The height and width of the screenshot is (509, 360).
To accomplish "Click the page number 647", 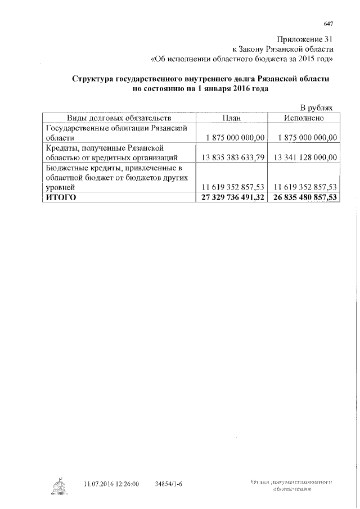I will click(329, 24).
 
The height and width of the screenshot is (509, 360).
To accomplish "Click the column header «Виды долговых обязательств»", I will click(119, 118).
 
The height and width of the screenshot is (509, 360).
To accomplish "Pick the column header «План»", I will click(231, 118).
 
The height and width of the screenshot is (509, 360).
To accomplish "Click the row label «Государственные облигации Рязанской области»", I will click(115, 133).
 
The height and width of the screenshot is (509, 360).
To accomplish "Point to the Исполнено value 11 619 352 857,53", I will click(304, 187).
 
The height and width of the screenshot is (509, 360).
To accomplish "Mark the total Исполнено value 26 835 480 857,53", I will click(304, 197).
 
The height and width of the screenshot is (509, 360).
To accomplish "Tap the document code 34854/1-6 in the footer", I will click(169, 484).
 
